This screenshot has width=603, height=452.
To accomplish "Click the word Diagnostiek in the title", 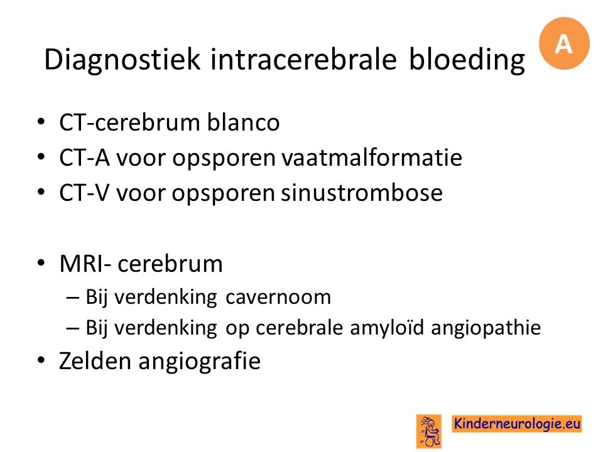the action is click(x=122, y=60).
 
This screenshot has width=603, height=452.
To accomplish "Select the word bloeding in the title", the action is click(x=467, y=60).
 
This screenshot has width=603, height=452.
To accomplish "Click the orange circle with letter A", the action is click(x=564, y=43).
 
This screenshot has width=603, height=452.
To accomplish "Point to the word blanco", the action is click(x=244, y=122).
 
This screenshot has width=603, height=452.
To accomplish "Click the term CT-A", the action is click(x=85, y=158).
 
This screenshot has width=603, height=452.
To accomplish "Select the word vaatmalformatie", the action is click(x=372, y=158).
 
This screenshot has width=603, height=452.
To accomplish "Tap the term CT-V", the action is click(x=84, y=193).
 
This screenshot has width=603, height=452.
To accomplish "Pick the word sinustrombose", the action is click(x=362, y=193).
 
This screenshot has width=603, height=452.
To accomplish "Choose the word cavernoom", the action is click(x=278, y=297).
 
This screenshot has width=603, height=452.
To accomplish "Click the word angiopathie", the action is click(x=486, y=328).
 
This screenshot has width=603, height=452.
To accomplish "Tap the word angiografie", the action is click(x=200, y=362).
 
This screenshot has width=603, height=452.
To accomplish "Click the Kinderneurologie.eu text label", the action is click(x=516, y=424).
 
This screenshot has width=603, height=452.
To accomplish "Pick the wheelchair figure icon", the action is click(x=429, y=431).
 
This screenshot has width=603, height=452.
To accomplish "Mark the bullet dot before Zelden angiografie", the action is click(x=41, y=361).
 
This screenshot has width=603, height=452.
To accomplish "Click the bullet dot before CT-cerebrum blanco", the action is click(x=41, y=122).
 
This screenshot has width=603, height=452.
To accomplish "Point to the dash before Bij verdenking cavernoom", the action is click(x=73, y=298).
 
